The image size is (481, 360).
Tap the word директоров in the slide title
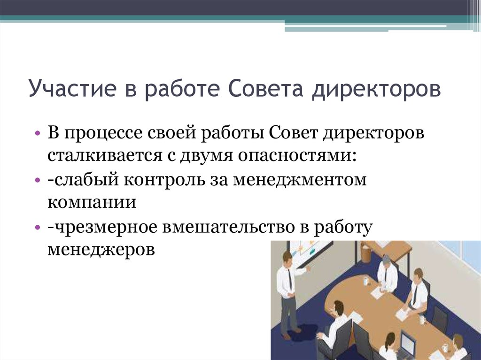[376, 89]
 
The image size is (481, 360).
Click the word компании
[92, 202]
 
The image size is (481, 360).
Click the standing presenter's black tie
[290, 279]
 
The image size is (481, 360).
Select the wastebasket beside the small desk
[366, 254]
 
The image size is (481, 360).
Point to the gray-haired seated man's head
[386, 260]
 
